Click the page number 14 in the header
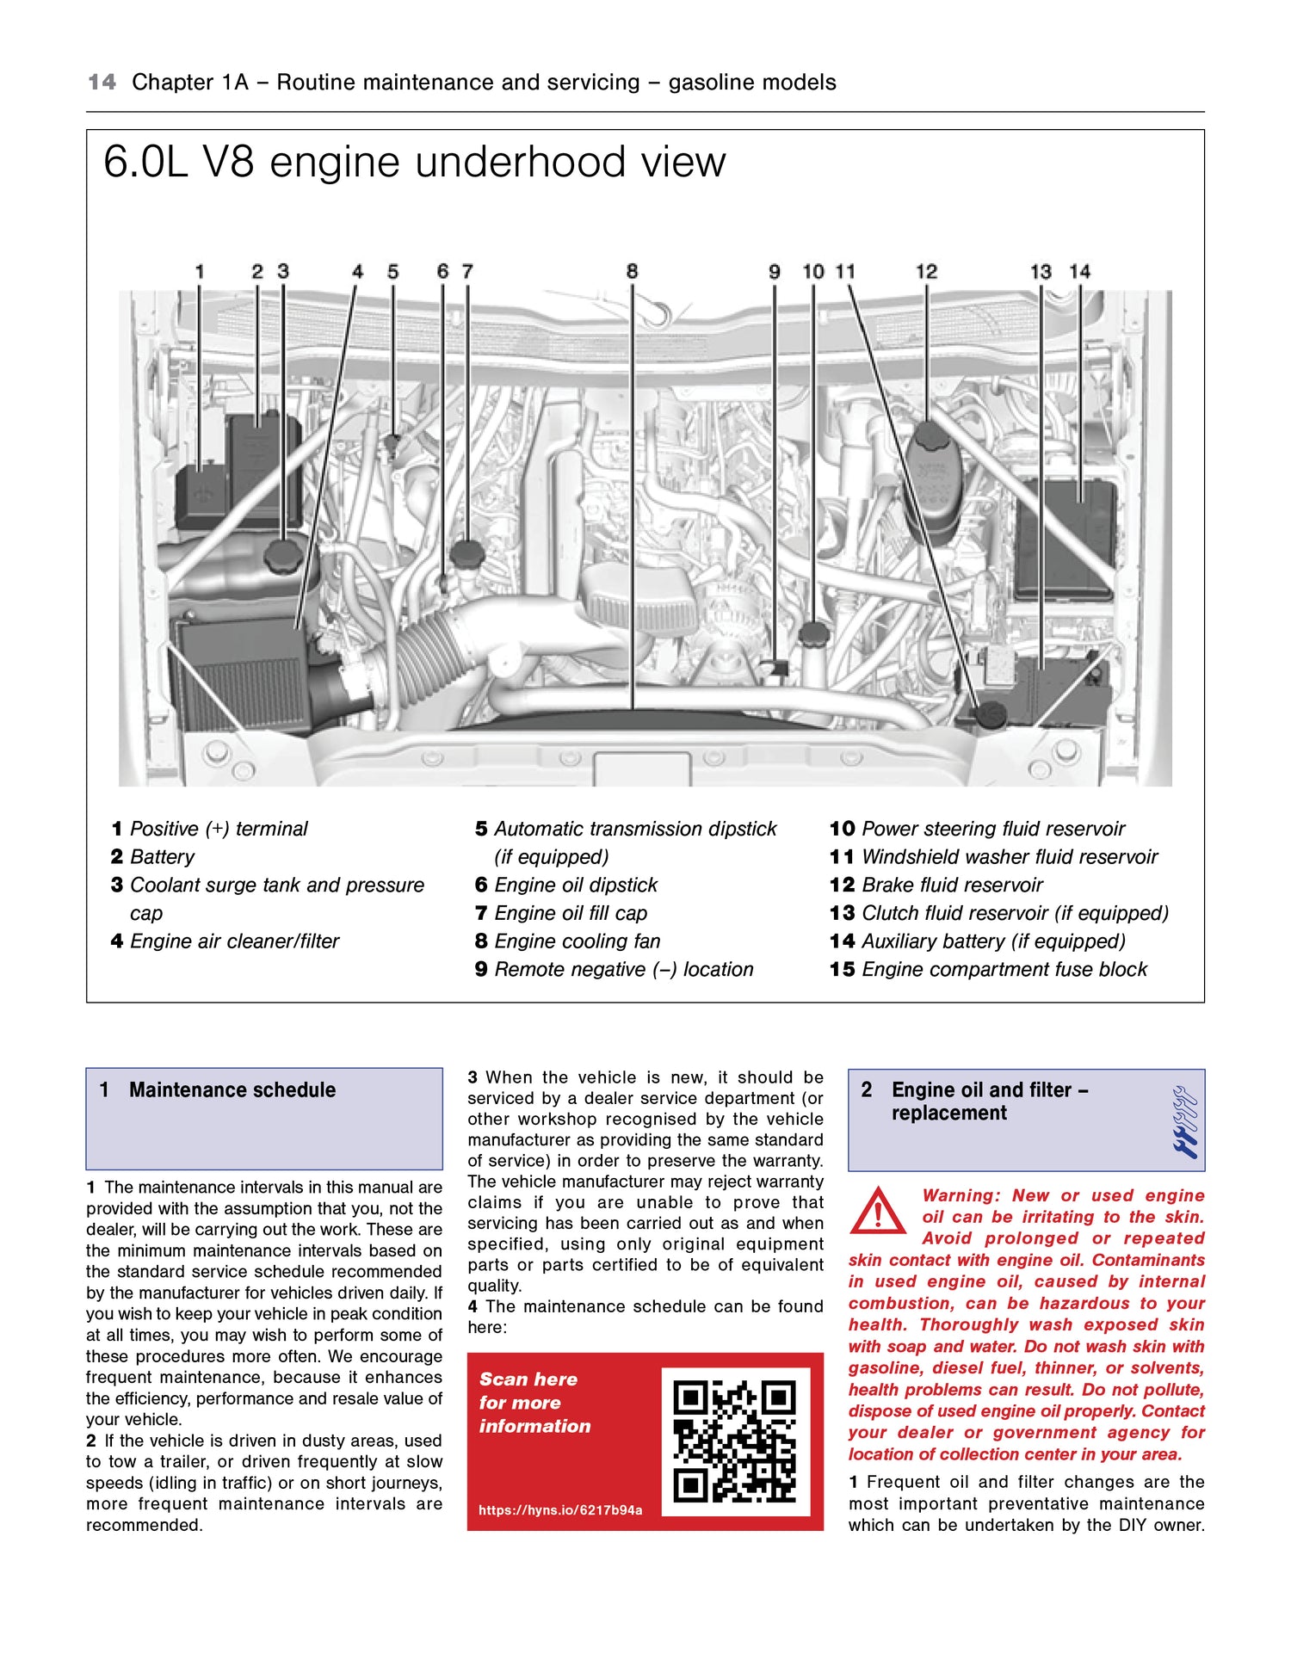pyautogui.click(x=102, y=83)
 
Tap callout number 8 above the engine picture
pyautogui.click(x=632, y=272)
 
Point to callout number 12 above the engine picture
pyautogui.click(x=926, y=272)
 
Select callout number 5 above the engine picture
pyautogui.click(x=392, y=272)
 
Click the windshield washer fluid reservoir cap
pyautogui.click(x=991, y=713)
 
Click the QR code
pyautogui.click(x=734, y=1441)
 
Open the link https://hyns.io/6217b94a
pyautogui.click(x=560, y=1510)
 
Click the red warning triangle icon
pyautogui.click(x=877, y=1211)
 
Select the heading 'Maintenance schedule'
pyautogui.click(x=232, y=1090)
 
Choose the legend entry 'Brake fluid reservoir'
pyautogui.click(x=951, y=886)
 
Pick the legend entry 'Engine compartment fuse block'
pyautogui.click(x=1004, y=970)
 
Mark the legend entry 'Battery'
pyautogui.click(x=162, y=857)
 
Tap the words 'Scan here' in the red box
pyautogui.click(x=528, y=1379)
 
